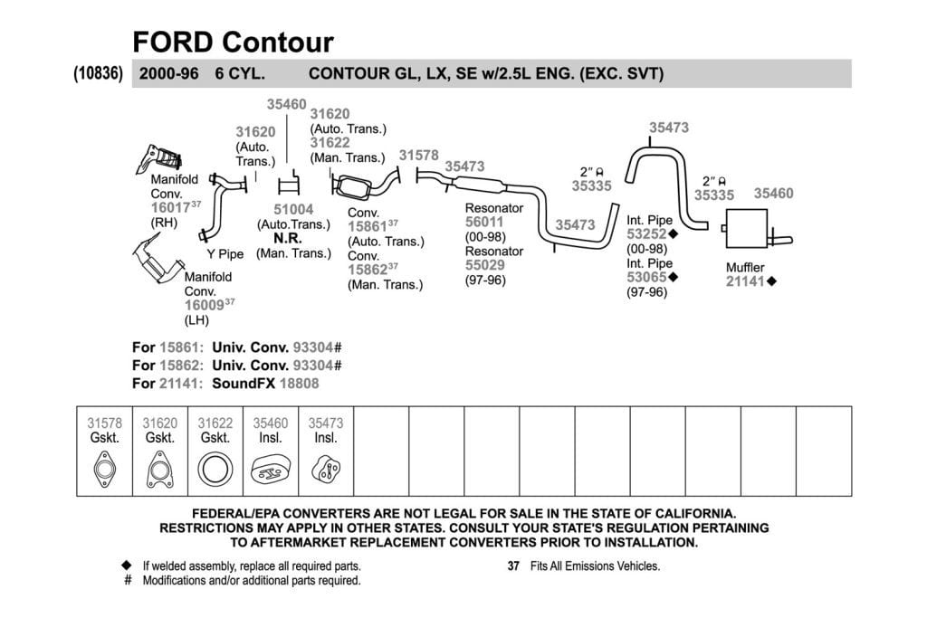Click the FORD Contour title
[x=233, y=43]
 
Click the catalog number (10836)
[x=98, y=73]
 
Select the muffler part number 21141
[x=746, y=281]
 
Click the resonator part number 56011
[x=484, y=223]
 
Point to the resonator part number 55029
[x=485, y=265]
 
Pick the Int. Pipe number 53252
[x=646, y=234]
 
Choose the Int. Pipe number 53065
[x=646, y=277]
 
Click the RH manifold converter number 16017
[x=170, y=208]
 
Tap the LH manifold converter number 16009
[x=204, y=306]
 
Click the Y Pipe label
[x=225, y=254]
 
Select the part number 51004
[x=293, y=210]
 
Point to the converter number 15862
[x=368, y=270]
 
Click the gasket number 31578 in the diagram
[x=418, y=156]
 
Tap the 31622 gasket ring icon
[x=215, y=470]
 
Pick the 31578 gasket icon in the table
[x=105, y=470]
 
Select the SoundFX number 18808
[x=299, y=384]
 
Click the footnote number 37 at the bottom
[x=513, y=566]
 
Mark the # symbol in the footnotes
[x=128, y=580]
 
